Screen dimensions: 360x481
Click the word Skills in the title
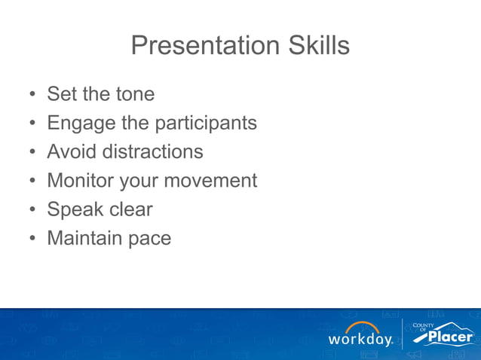click(x=320, y=46)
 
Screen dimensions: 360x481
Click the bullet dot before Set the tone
click(x=32, y=95)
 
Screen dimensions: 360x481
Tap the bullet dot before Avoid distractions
click(x=32, y=152)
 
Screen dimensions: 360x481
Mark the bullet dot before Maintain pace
click(x=32, y=239)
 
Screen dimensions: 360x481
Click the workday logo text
click(x=360, y=340)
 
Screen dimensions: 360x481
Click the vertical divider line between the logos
click(x=403, y=334)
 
